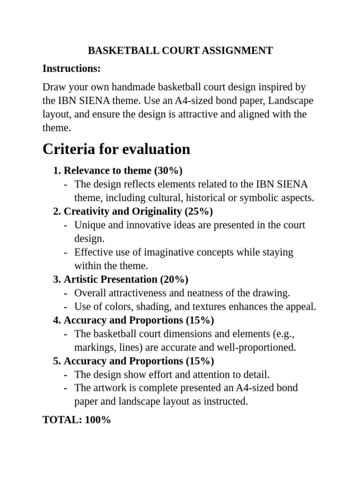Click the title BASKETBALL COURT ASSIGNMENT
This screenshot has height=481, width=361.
[180, 51]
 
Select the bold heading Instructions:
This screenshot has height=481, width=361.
[71, 69]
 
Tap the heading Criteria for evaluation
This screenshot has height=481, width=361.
[116, 149]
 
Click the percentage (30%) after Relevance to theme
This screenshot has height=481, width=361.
[168, 171]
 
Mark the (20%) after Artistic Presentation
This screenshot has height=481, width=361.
[174, 279]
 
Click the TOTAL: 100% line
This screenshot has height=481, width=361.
[77, 420]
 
